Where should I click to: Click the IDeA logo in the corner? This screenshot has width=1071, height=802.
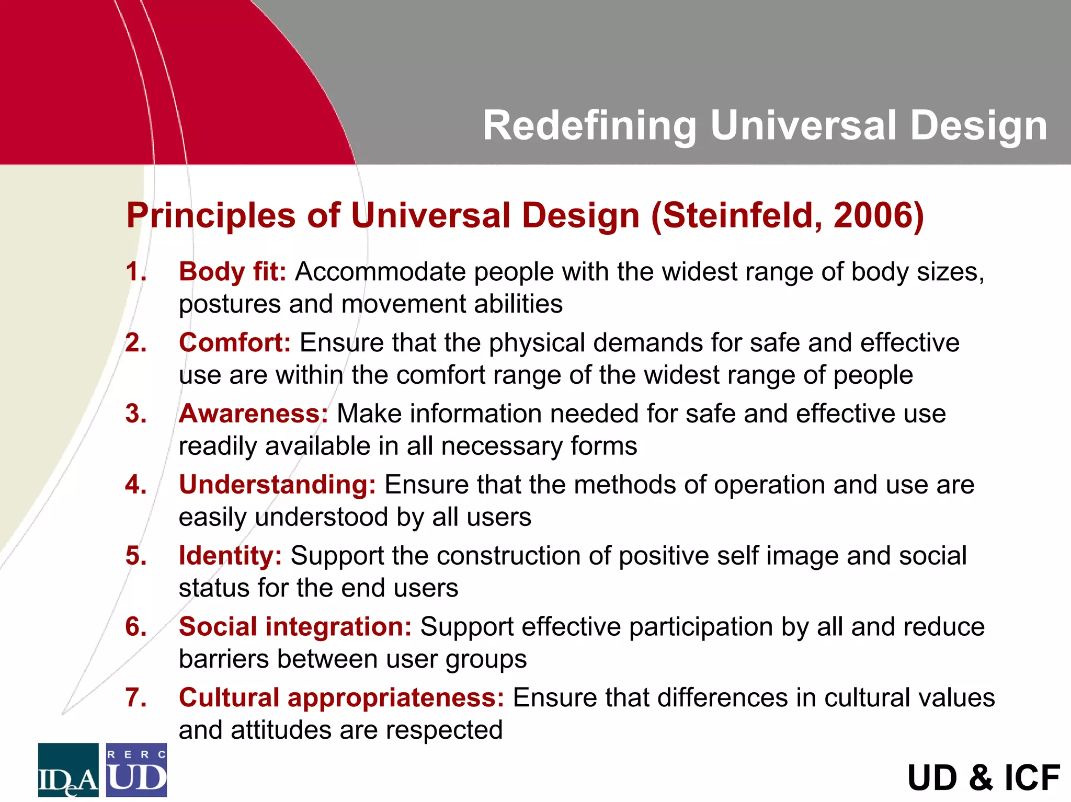(x=68, y=770)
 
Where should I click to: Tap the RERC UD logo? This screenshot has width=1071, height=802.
(x=136, y=770)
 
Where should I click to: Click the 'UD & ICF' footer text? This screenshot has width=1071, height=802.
(x=983, y=777)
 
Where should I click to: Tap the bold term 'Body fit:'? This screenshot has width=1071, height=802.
(x=232, y=272)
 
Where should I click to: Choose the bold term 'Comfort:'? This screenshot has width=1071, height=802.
(x=234, y=343)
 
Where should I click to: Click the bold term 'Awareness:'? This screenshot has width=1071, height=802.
(x=253, y=414)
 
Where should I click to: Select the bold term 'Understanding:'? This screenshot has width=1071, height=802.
(x=277, y=485)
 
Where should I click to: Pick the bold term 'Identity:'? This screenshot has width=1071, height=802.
(x=230, y=556)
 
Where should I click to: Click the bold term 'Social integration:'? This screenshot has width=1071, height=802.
(x=295, y=627)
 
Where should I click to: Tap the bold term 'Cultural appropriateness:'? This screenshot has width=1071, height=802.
(x=341, y=698)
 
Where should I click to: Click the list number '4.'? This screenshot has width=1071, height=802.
(x=135, y=485)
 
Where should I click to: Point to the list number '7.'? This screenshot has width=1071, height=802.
(x=135, y=698)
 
